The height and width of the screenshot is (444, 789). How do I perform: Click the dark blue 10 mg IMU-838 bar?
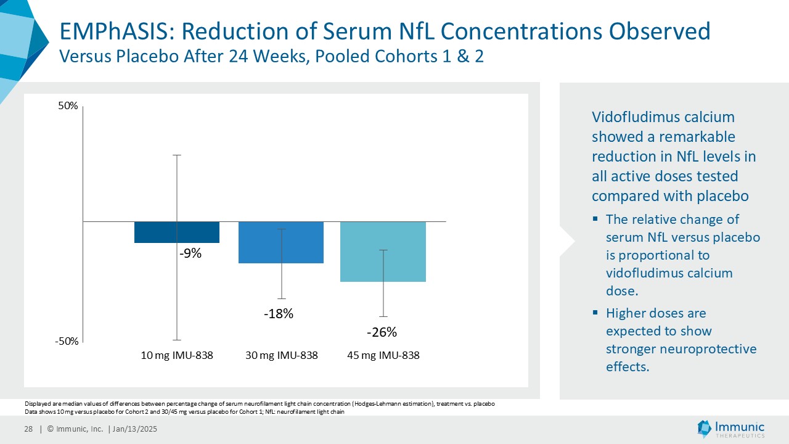pos(154,232)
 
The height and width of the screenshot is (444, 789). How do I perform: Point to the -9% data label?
pos(190,253)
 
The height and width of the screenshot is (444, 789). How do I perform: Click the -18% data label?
pos(279,314)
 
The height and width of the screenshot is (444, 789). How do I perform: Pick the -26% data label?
pos(382,332)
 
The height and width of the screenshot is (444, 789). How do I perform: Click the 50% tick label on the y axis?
pos(68,106)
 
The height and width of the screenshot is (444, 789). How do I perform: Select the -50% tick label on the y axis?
pos(67,342)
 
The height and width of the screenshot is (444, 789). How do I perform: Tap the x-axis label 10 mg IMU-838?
pos(178,356)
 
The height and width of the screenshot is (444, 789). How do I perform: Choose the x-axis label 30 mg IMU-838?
pos(282,356)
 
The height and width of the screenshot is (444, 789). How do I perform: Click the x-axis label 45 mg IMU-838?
pos(383,356)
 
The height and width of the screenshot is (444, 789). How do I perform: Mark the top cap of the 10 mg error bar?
pos(178,155)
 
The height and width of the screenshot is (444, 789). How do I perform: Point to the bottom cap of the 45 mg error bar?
pos(383,316)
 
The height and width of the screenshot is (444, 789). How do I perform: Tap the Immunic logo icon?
pos(703,428)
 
